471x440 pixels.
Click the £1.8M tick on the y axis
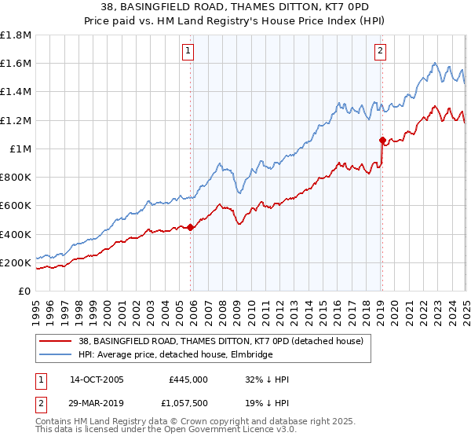pyautogui.click(x=16, y=35)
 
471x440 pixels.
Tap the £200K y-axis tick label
pyautogui.click(x=16, y=262)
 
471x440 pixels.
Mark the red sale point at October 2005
pyautogui.click(x=190, y=228)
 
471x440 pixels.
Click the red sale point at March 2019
pyautogui.click(x=382, y=141)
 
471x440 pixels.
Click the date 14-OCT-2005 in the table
pyautogui.click(x=97, y=379)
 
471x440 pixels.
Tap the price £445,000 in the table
pyautogui.click(x=188, y=379)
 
